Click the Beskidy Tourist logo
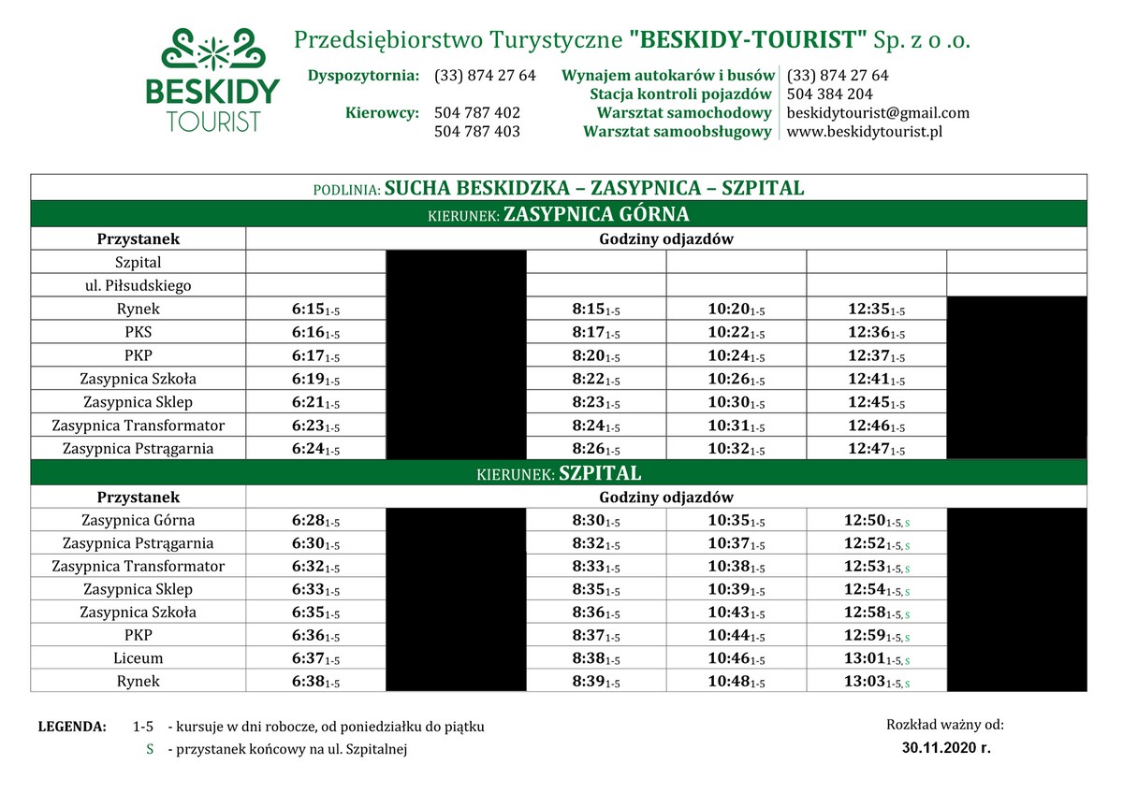(212, 79)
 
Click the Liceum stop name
(138, 658)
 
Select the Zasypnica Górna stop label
(138, 520)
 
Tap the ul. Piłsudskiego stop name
(138, 286)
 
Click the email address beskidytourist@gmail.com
(878, 113)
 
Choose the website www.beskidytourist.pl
(864, 132)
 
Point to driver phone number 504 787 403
(477, 132)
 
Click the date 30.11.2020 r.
(945, 748)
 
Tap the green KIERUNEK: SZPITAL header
(559, 473)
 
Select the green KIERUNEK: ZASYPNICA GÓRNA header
(559, 214)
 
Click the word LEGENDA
(72, 727)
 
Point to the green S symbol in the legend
(150, 749)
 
